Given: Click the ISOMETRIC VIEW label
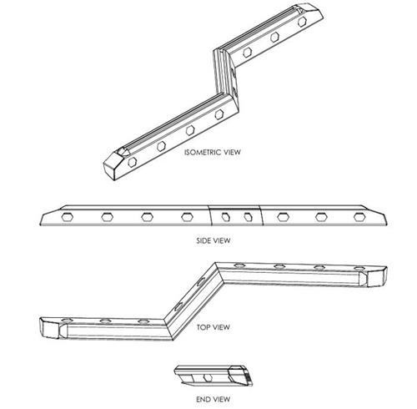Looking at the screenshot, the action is click(x=213, y=152).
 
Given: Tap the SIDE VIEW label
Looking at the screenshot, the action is click(x=214, y=240).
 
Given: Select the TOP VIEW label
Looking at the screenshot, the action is click(x=214, y=327).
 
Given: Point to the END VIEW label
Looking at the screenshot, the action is click(x=214, y=399).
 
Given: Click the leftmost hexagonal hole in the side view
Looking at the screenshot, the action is click(x=67, y=217).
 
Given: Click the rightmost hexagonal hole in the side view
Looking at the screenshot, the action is click(x=359, y=217).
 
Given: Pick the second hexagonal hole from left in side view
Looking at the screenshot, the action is click(x=107, y=217).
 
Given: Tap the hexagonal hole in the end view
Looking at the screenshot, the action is click(x=208, y=378).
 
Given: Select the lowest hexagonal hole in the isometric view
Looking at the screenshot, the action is click(x=133, y=162).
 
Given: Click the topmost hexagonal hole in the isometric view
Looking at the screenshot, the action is click(x=302, y=22).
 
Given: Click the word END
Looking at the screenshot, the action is click(x=203, y=399).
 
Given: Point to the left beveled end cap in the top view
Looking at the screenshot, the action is click(x=50, y=328).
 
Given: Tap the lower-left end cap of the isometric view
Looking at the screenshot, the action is click(x=114, y=164).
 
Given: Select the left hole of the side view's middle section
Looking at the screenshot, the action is click(x=226, y=217).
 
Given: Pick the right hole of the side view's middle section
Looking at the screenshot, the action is click(x=248, y=217).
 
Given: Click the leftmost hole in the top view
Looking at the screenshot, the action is click(x=68, y=321).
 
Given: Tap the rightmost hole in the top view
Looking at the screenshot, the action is click(x=359, y=268).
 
